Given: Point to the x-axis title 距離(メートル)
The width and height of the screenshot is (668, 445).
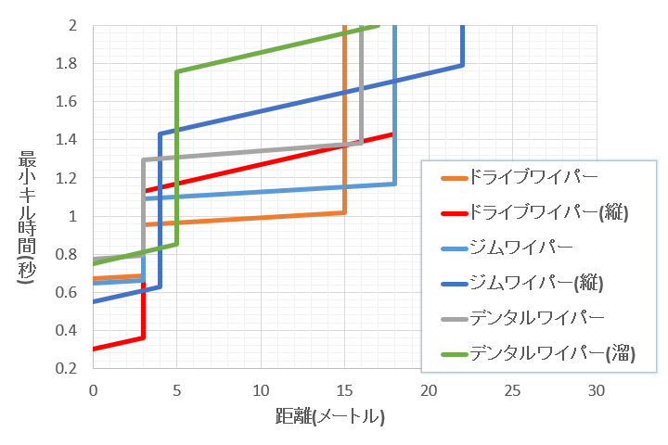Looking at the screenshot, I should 329,416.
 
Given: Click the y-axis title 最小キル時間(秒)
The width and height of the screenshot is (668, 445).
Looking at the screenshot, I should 28,213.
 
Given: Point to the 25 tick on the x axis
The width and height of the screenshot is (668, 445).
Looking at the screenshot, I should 512,390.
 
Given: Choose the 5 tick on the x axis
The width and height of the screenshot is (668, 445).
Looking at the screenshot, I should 177,390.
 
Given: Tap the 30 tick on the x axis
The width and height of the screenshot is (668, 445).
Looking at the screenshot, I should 596,390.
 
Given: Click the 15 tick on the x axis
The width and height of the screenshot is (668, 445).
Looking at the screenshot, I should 344,390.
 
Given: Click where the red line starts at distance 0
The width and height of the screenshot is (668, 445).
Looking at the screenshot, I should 94,349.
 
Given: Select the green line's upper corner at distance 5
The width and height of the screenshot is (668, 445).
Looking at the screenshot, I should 176,72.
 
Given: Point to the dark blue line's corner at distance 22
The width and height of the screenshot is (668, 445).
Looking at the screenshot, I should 462,65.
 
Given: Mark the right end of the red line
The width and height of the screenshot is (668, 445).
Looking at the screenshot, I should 393,133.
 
